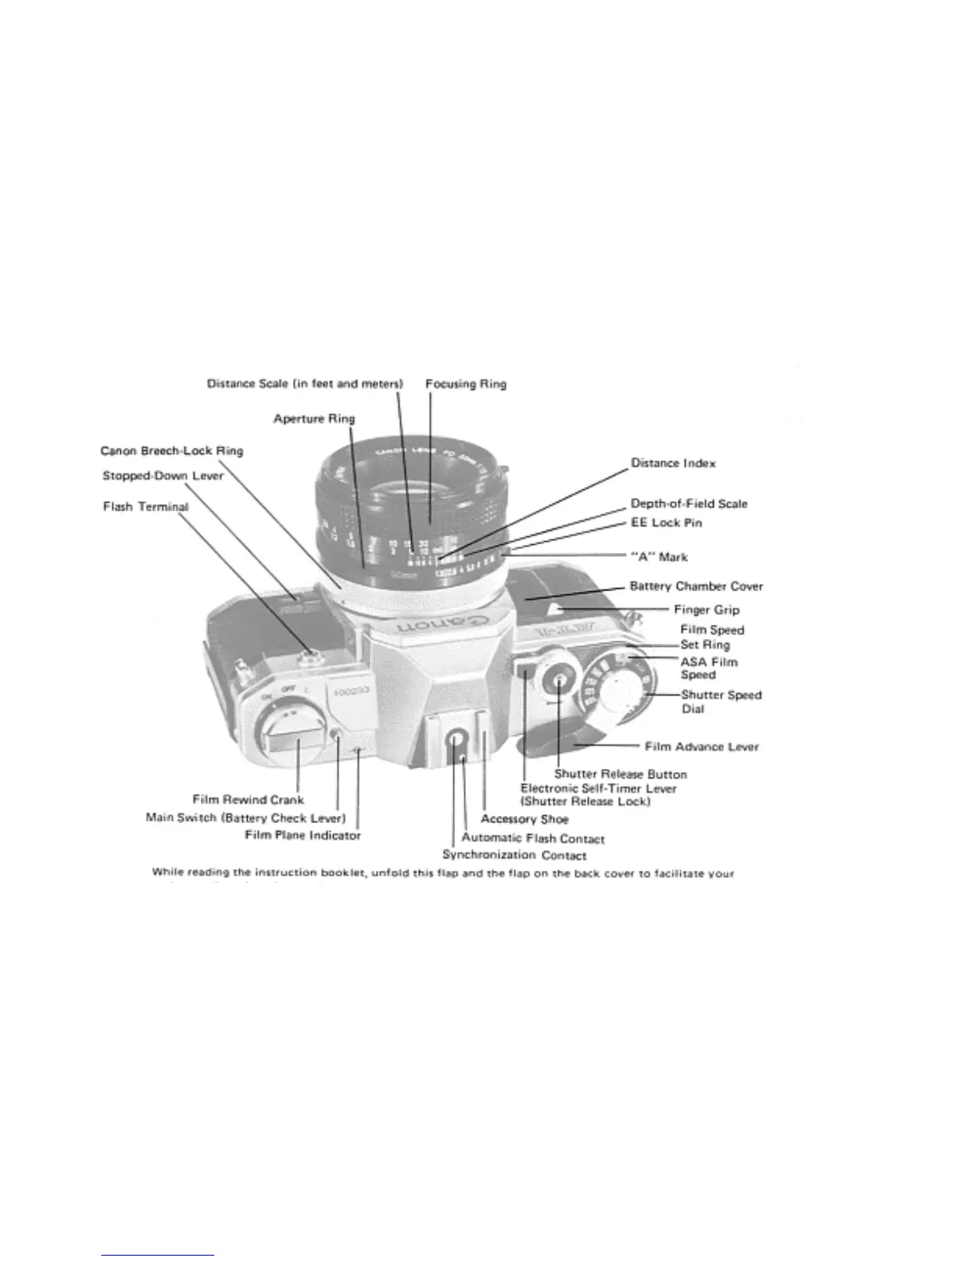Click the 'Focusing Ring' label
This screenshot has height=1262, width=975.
465,383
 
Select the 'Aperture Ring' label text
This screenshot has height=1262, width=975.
314,418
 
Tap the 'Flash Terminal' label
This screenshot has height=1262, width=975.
146,507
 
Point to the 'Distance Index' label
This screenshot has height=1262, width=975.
673,463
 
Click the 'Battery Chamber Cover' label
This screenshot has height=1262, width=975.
696,586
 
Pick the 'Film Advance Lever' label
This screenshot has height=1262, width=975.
701,747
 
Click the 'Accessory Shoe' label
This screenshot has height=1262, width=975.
524,819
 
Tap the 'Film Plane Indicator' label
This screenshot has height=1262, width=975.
303,835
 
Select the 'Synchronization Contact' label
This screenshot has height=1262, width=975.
515,856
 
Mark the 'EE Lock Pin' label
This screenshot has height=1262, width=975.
666,523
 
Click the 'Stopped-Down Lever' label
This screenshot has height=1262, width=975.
163,476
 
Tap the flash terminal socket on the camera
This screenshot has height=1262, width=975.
311,656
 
